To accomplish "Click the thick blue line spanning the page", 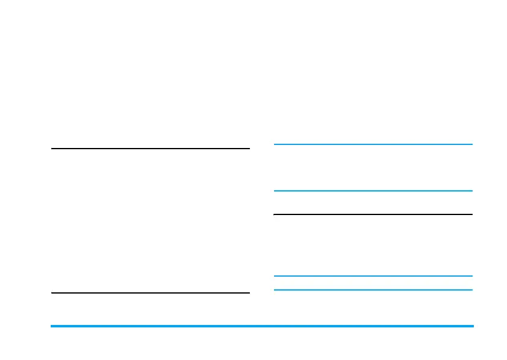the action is click(262, 326).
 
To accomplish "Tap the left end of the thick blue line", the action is click(52, 326).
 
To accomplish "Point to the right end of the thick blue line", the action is click(473, 326).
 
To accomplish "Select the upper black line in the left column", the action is click(150, 148).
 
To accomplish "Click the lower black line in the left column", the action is click(150, 293).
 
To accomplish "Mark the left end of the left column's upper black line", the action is click(52, 148).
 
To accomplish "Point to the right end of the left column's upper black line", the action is click(249, 148).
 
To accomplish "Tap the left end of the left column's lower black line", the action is click(52, 293).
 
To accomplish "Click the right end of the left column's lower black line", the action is click(249, 293).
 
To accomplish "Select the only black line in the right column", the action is click(373, 214).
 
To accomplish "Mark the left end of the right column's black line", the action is click(275, 214).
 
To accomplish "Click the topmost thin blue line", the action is click(373, 144).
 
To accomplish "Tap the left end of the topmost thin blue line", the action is click(275, 144).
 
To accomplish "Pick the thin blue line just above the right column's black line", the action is click(373, 191).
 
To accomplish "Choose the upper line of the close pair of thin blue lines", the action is click(373, 276).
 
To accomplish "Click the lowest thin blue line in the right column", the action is click(373, 290).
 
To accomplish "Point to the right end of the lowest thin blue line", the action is click(471, 290).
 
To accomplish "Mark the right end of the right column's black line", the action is click(471, 214).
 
